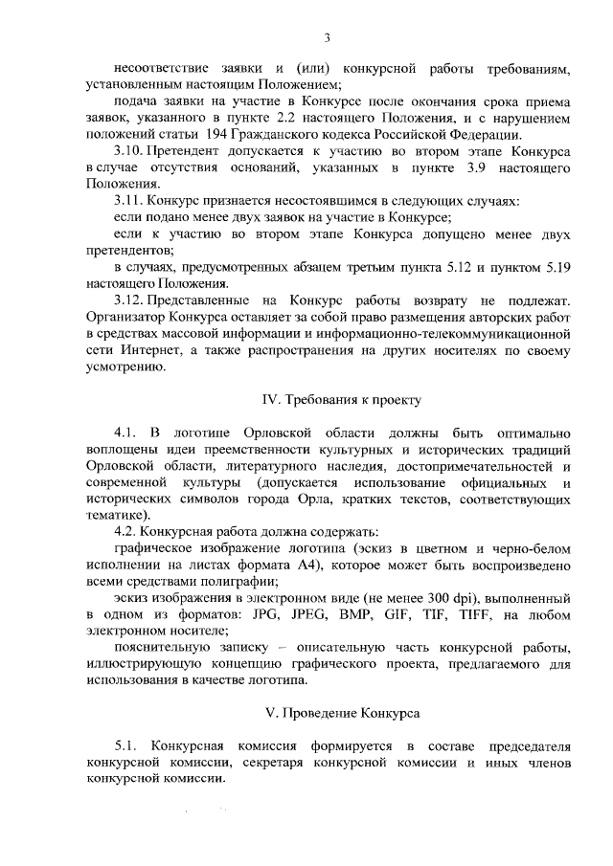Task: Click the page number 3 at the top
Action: pos(326,37)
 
